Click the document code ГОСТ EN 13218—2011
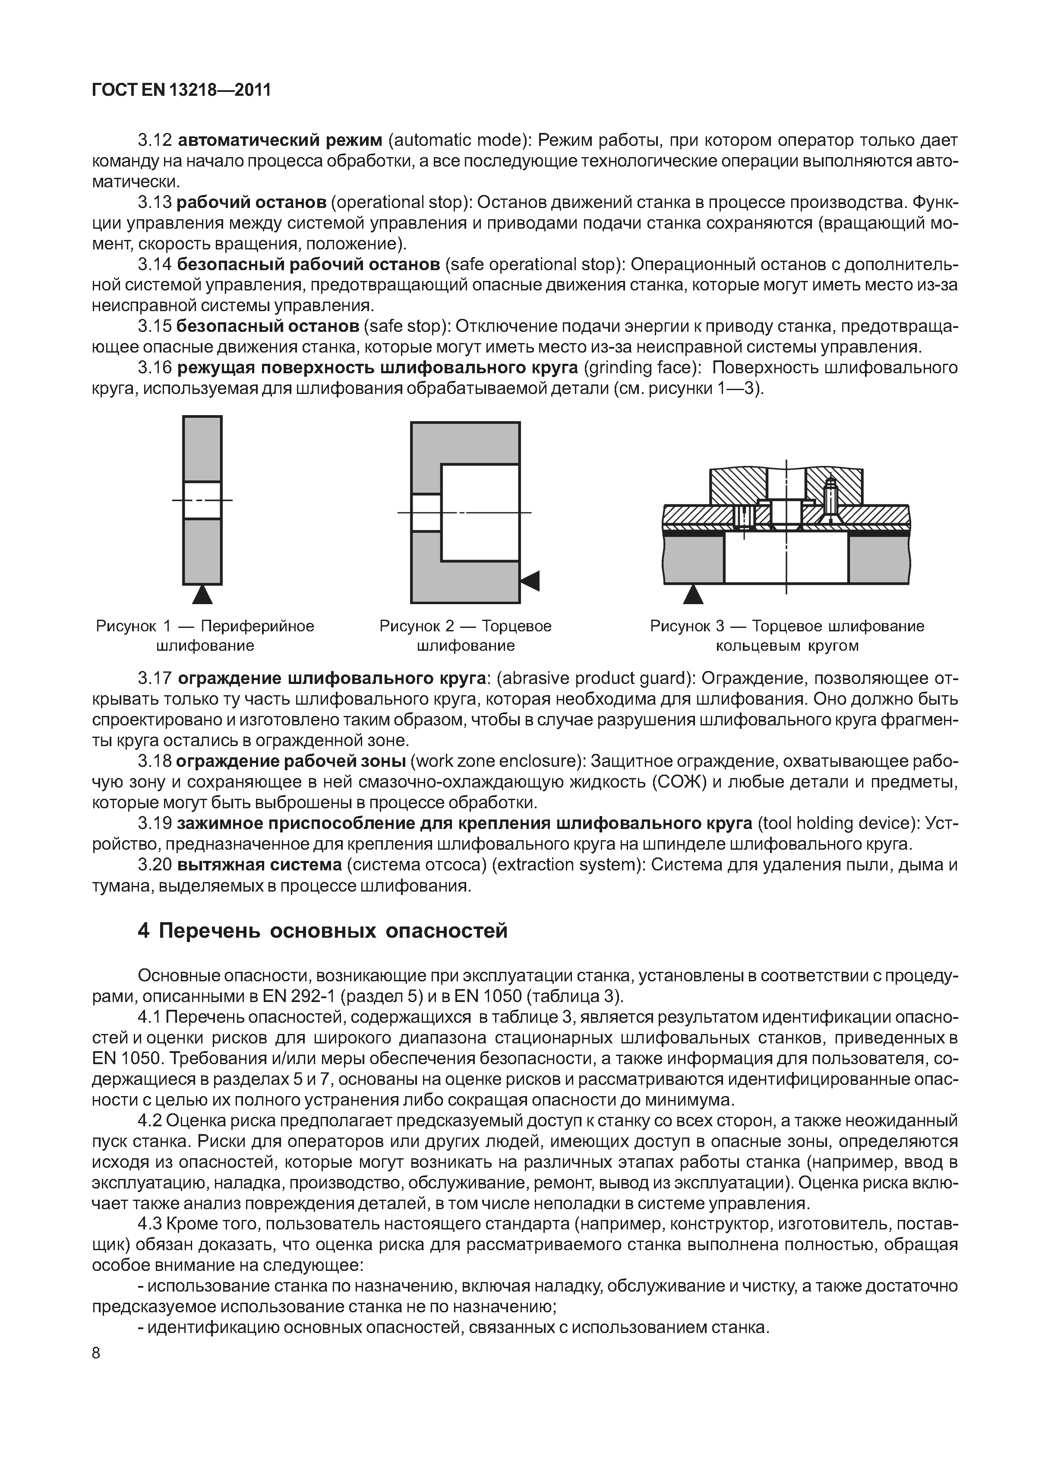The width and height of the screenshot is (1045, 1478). (x=182, y=91)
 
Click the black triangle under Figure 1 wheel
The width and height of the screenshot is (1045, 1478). (x=202, y=594)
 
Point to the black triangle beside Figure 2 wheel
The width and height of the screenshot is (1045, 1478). (x=530, y=581)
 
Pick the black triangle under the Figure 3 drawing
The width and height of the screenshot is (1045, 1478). (x=693, y=594)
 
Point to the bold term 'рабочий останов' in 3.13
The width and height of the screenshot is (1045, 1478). (x=251, y=203)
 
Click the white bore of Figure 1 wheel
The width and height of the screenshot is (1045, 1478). (x=202, y=500)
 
